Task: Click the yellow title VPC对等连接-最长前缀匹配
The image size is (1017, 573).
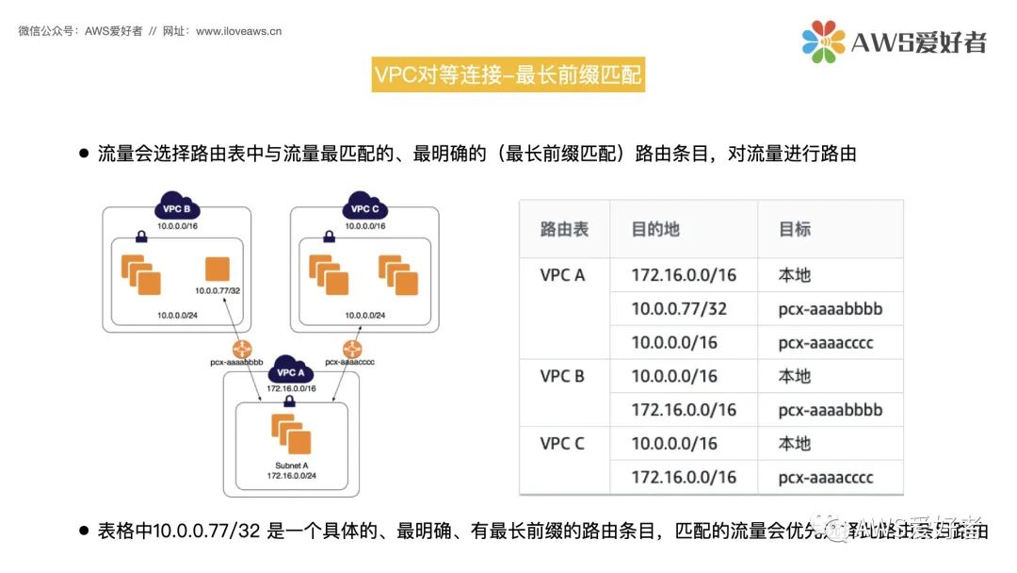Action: point(508,74)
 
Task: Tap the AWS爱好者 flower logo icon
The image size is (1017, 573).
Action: point(823,41)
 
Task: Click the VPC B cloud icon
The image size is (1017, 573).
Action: point(177,207)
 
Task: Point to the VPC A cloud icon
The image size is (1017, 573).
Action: point(290,370)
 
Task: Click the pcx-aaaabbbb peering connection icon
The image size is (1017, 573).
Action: point(243,349)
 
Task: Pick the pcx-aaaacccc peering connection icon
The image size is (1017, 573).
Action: point(352,349)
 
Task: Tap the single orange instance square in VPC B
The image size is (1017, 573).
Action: point(218,267)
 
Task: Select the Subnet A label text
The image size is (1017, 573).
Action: point(290,466)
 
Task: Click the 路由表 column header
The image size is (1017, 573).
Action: point(564,229)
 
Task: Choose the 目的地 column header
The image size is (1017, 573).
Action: point(656,229)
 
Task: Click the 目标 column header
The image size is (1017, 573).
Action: point(794,229)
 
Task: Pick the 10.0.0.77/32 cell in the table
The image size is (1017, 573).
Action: point(679,308)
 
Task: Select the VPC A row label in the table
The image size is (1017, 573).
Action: point(562,275)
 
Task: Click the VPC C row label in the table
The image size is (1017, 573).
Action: point(562,443)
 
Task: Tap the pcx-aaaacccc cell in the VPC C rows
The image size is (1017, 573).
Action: point(826,477)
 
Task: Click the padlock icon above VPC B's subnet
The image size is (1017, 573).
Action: point(140,236)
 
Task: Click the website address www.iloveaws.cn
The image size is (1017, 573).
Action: point(238,31)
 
